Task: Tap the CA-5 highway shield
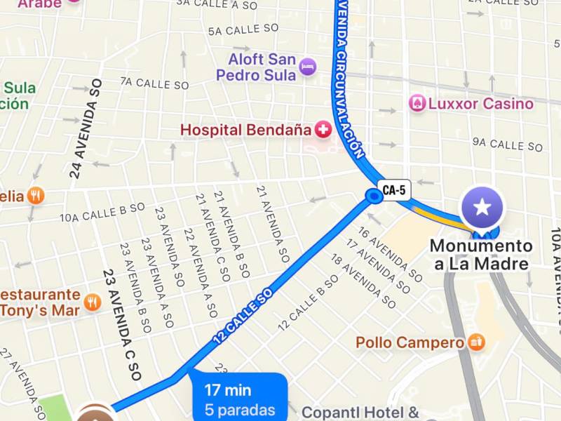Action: tap(394, 189)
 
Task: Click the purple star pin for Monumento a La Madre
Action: tap(482, 207)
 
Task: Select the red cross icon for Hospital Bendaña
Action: tap(323, 130)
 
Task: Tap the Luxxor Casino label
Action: tap(480, 105)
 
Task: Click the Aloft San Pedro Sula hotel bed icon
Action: tap(307, 67)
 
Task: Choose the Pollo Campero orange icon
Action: tap(477, 342)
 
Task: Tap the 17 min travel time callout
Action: tap(239, 399)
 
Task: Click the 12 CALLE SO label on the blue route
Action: tap(242, 318)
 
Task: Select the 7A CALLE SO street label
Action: tap(155, 83)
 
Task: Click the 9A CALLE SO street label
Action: tap(507, 145)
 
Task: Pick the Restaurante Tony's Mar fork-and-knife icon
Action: tap(93, 302)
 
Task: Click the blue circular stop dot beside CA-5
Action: tap(374, 197)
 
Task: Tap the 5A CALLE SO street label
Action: tap(243, 30)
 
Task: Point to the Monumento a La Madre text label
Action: tap(481, 255)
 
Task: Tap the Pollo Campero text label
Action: tap(410, 343)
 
